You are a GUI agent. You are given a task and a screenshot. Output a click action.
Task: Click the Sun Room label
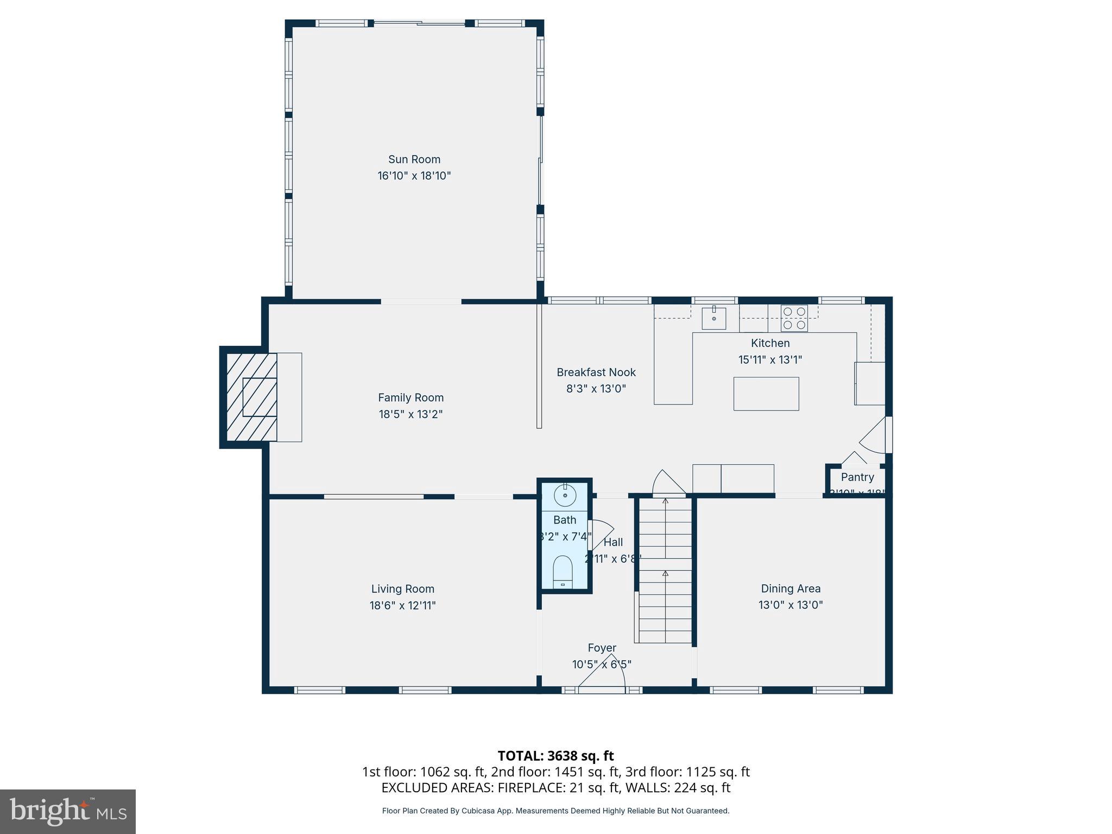(414, 159)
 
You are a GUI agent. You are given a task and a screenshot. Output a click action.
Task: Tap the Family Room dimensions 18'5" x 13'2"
(410, 414)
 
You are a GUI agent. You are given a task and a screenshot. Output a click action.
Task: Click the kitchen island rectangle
(766, 394)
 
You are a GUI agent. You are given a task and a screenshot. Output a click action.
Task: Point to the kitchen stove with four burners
(794, 318)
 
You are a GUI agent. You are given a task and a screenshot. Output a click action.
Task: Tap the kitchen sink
(713, 318)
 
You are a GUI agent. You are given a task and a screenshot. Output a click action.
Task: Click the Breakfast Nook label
(596, 372)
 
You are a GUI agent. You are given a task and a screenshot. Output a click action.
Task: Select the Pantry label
(857, 477)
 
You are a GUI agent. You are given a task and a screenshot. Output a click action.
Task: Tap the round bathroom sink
(565, 495)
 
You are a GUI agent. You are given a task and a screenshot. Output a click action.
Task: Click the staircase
(665, 570)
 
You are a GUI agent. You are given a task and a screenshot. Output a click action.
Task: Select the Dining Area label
(791, 589)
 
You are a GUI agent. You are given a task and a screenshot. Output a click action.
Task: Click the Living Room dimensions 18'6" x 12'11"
(402, 605)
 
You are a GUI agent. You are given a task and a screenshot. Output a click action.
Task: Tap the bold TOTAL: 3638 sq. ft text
(555, 756)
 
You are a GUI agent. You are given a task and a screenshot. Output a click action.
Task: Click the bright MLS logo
(68, 812)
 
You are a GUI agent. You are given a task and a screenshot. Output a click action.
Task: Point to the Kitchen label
(770, 343)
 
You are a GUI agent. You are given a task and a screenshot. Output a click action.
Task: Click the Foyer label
(602, 648)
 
